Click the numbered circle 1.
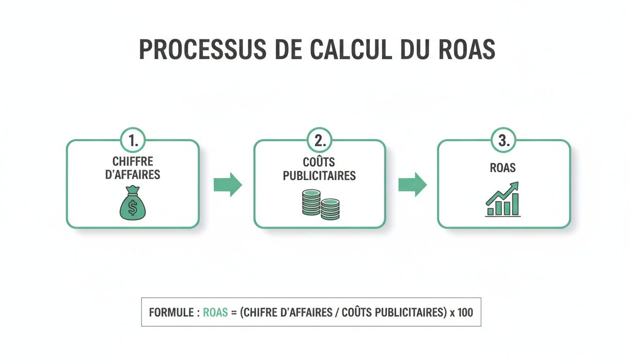133,140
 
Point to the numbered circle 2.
319,140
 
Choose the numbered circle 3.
503,140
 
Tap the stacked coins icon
321,205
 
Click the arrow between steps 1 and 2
227,185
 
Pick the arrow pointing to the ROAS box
412,185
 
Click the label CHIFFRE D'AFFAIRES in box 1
133,168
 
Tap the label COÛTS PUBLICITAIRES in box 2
319,169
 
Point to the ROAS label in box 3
503,168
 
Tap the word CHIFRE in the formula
258,312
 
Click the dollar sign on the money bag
133,208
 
